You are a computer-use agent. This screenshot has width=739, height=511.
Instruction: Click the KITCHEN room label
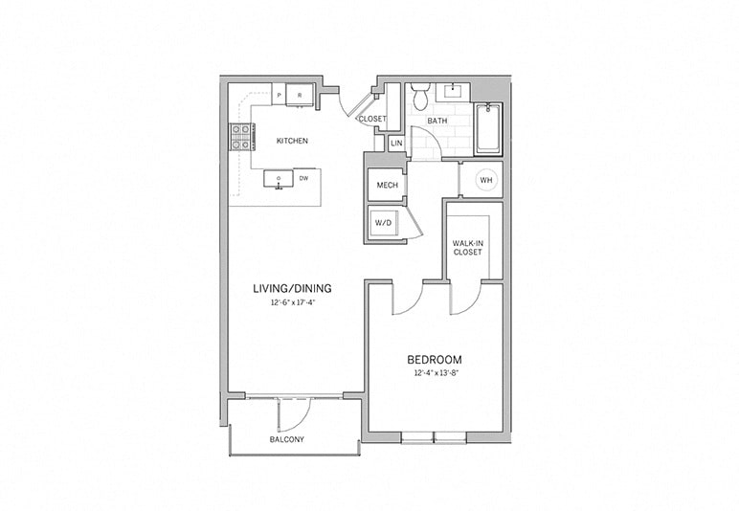point(292,141)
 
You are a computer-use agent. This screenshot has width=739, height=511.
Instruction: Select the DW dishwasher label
point(303,178)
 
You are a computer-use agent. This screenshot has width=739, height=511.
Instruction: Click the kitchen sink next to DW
point(279,179)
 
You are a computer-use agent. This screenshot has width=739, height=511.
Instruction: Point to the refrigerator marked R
point(300,94)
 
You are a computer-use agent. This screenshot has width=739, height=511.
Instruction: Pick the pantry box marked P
point(279,94)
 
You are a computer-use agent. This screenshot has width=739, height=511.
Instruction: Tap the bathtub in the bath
point(488,129)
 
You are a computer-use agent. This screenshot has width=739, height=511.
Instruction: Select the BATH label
point(437,122)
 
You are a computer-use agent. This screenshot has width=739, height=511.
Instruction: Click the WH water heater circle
point(485,180)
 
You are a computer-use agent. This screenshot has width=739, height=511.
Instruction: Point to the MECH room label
point(387,185)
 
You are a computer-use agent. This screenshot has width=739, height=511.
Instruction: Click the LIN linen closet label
point(395,144)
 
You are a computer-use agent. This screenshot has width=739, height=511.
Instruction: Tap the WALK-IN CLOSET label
point(468,248)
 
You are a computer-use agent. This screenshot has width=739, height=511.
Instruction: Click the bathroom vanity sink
point(452,92)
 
